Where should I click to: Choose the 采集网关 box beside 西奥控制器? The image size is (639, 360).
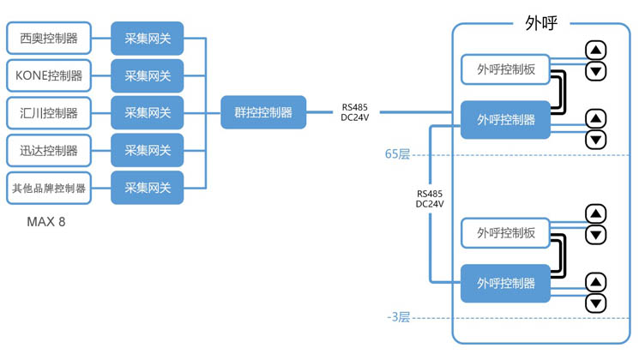[x=147, y=39]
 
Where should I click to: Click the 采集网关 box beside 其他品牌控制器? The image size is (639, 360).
[x=147, y=188]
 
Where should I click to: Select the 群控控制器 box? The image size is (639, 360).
[x=263, y=112]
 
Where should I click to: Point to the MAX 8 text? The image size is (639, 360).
[x=46, y=222]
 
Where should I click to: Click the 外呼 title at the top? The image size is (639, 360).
[x=541, y=23]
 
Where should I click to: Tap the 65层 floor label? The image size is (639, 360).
[x=397, y=154]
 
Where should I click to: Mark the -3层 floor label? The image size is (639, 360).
[x=399, y=317]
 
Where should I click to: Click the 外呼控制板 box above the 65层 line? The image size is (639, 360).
[x=506, y=69]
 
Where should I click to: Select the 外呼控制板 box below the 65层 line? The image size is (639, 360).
[x=506, y=232]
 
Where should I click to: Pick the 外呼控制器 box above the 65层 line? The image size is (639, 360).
[x=506, y=119]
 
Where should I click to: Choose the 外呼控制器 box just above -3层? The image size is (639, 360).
[x=506, y=283]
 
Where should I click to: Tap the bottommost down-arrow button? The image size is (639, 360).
[x=596, y=303]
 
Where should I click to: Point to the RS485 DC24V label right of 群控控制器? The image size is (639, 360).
[x=355, y=112]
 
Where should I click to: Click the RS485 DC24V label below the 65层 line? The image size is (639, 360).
[x=430, y=199]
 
